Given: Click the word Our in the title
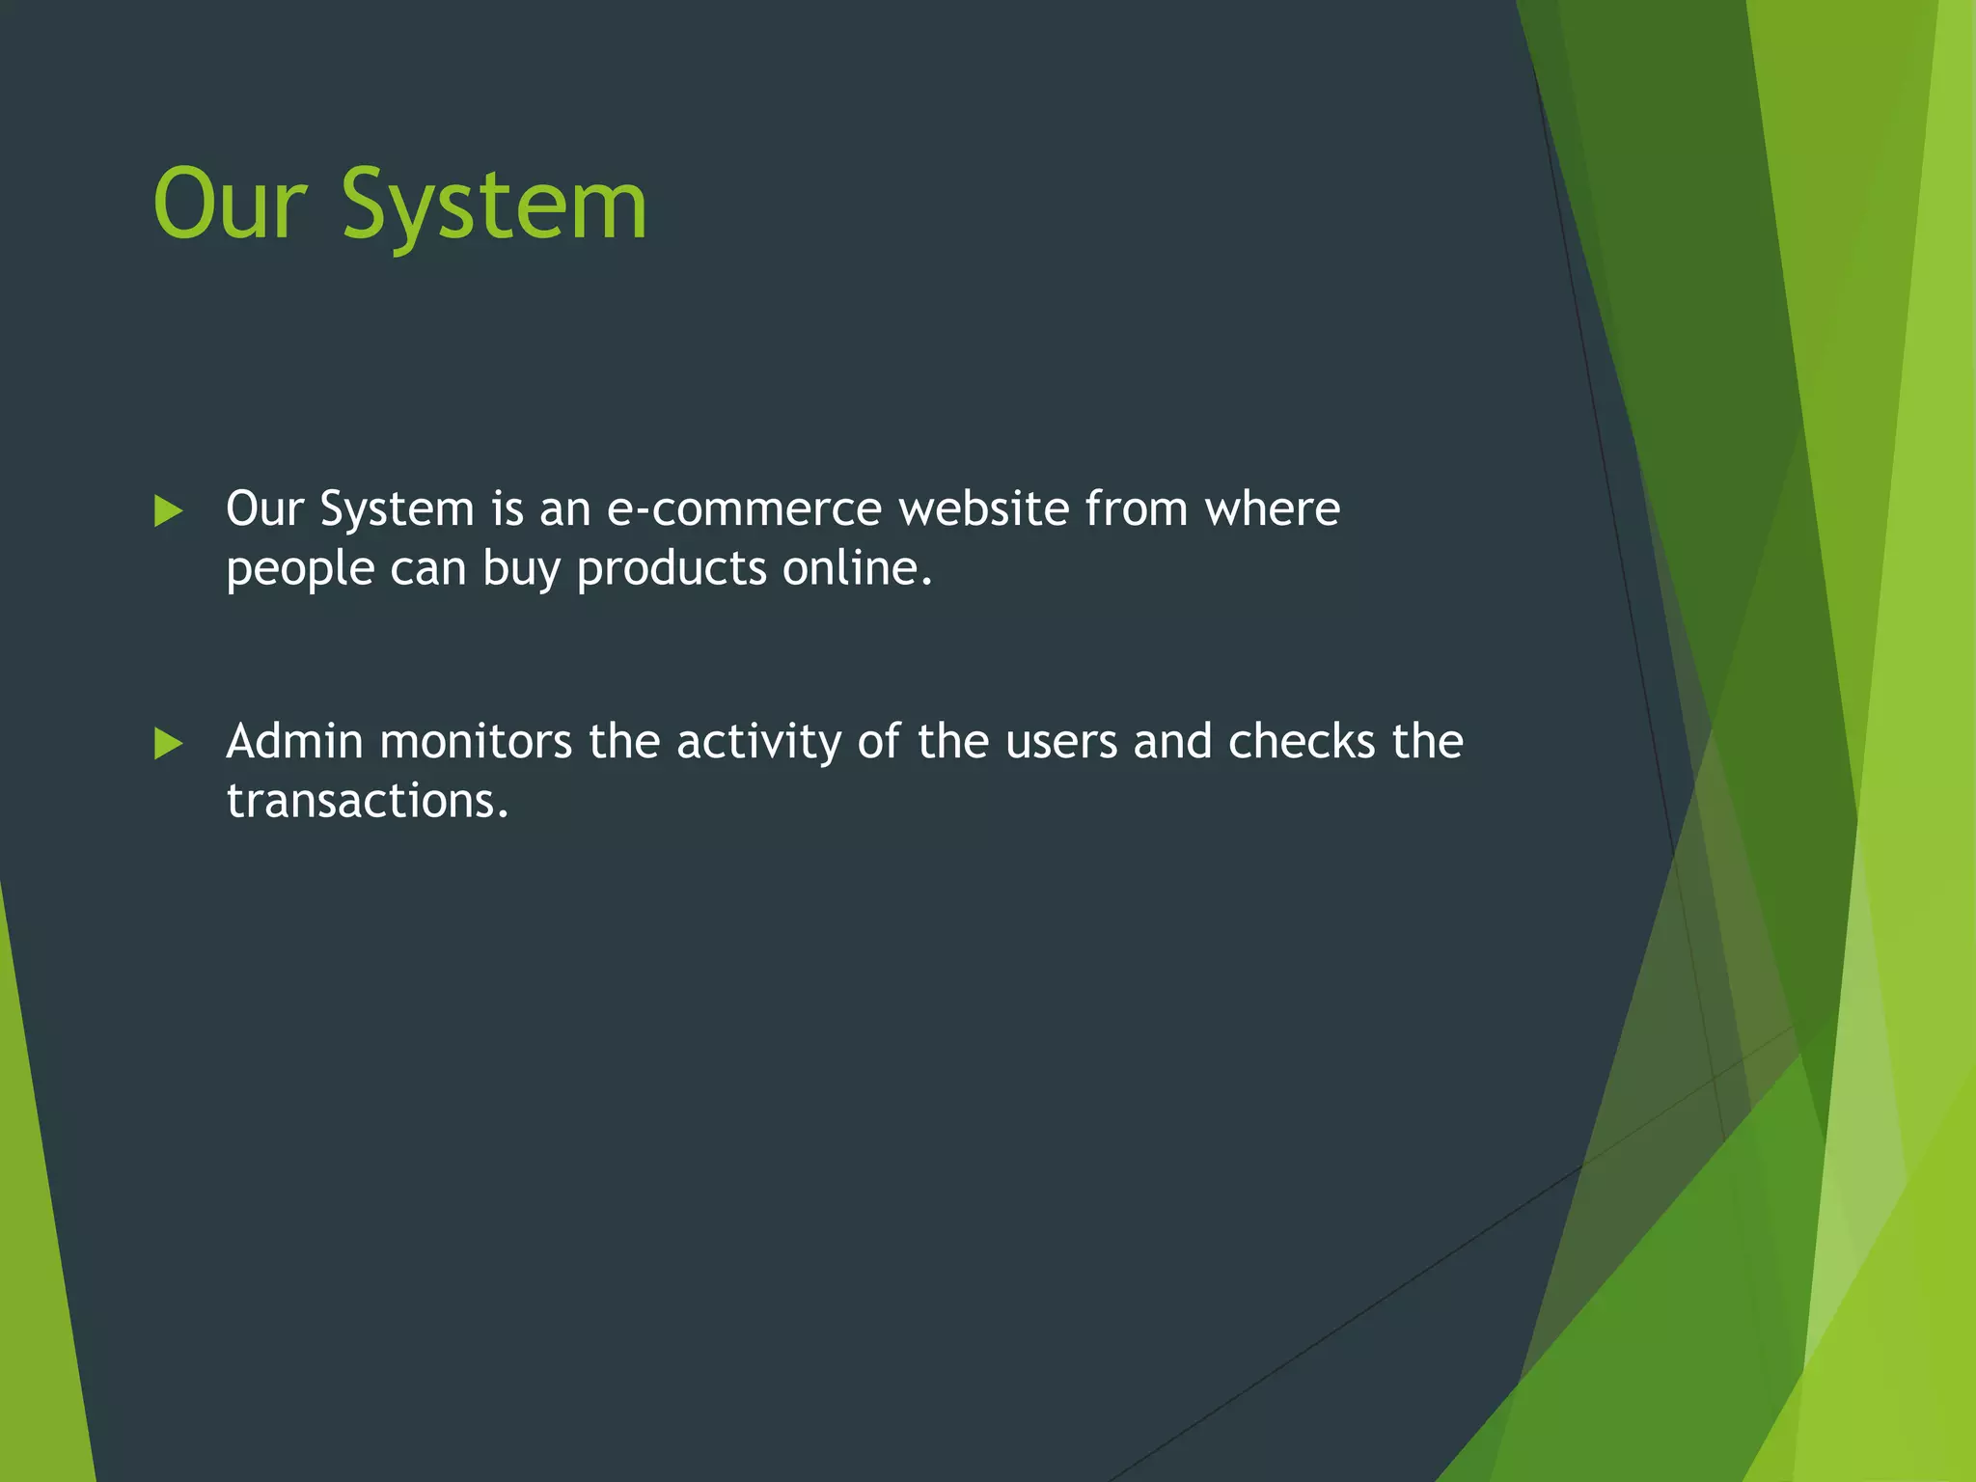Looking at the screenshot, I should (x=230, y=205).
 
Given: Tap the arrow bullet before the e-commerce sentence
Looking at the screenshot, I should (x=168, y=510).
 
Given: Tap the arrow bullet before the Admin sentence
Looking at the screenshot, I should (x=168, y=743).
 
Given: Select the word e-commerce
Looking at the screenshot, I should (x=744, y=508).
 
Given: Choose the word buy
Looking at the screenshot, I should (x=521, y=570).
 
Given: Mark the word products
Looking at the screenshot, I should (x=672, y=568).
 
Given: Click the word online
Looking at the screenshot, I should (x=857, y=568).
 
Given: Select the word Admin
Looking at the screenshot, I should (x=294, y=742).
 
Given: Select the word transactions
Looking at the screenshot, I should (x=367, y=802).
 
